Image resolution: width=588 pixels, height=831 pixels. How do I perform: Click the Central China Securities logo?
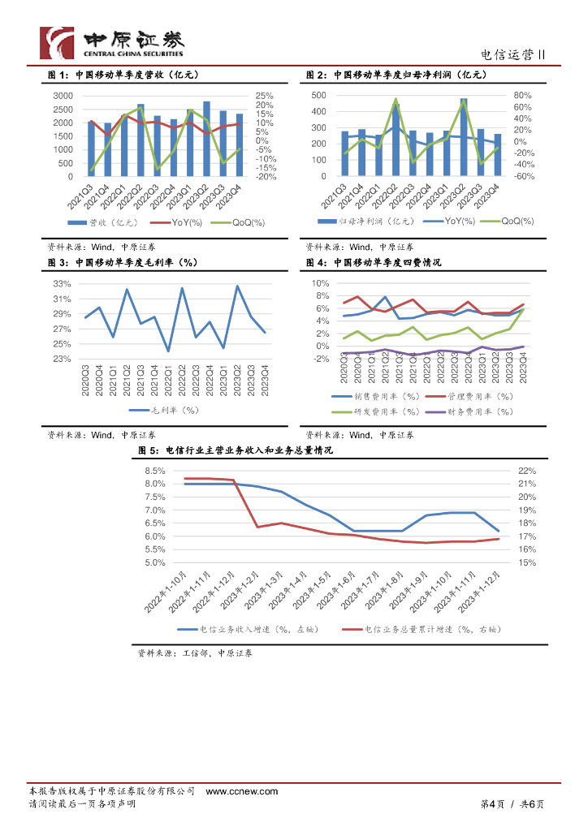point(113,42)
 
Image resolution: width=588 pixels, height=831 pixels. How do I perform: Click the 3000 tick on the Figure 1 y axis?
point(63,96)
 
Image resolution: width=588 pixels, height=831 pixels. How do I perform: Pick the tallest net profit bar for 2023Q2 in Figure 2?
point(464,136)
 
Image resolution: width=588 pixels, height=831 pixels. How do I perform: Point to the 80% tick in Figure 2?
point(522,95)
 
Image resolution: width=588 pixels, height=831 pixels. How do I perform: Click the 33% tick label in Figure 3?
point(63,284)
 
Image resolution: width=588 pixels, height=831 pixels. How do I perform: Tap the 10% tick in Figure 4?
point(318,283)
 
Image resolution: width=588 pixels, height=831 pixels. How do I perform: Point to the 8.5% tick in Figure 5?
point(154,471)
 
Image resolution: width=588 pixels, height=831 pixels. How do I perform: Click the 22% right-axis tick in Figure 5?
point(527,471)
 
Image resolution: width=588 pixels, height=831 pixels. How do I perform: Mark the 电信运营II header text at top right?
point(512,55)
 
